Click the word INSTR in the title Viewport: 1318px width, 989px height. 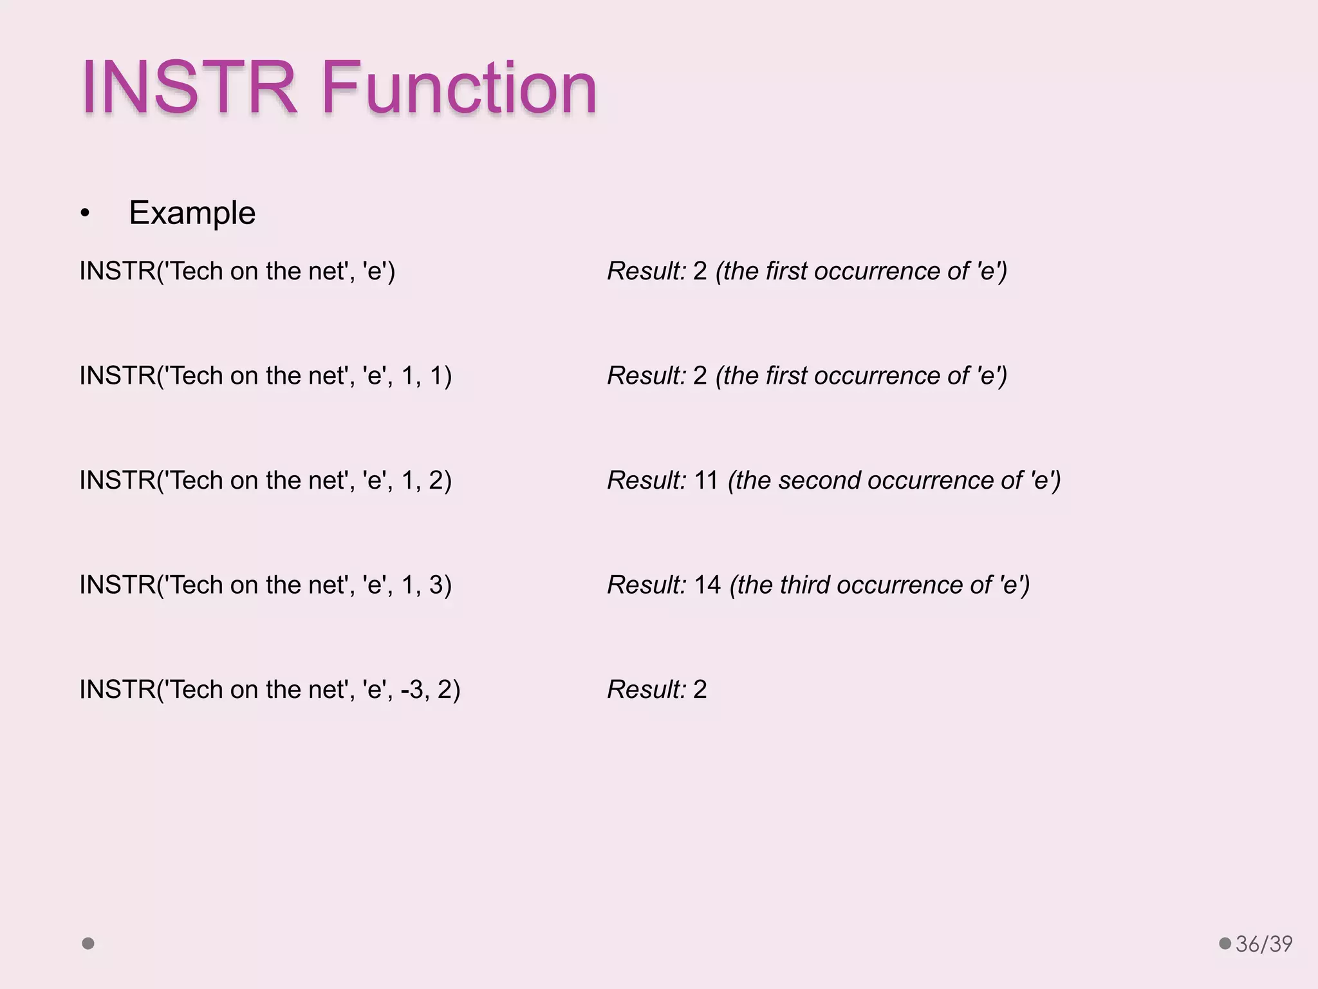point(189,88)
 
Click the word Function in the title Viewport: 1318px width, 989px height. point(459,88)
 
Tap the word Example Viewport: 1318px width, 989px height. point(192,213)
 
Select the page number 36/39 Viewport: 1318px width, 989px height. point(1264,944)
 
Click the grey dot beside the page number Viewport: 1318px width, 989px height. point(1225,943)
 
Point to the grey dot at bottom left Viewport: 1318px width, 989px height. point(88,943)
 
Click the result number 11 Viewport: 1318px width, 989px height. point(706,480)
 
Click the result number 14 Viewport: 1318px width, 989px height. point(707,585)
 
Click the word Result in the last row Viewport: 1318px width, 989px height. point(646,690)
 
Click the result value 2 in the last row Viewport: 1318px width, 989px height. point(700,690)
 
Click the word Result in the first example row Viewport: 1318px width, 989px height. point(646,271)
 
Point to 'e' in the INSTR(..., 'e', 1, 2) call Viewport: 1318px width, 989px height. point(374,480)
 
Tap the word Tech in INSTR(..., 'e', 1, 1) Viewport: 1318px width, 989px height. point(196,376)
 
